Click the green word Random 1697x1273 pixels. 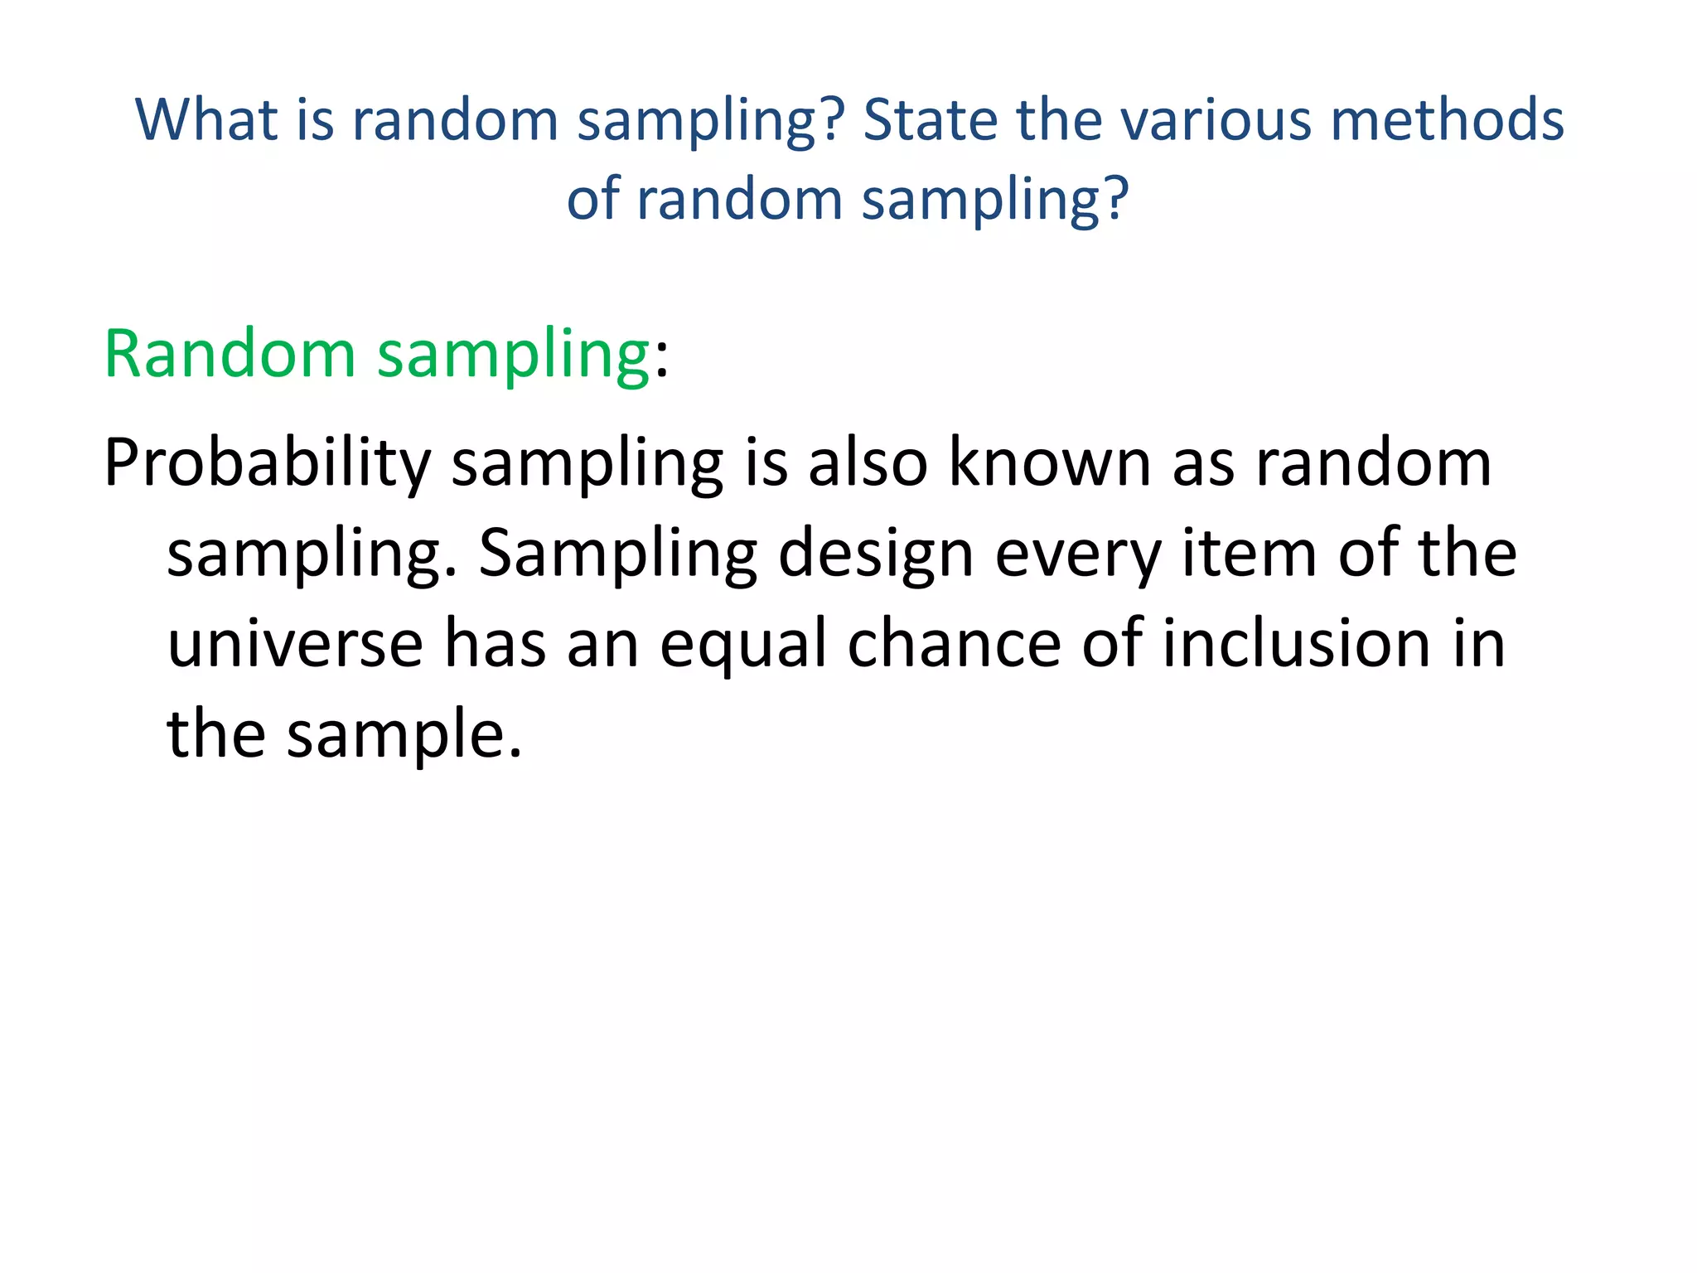pos(230,354)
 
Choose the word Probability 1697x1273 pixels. pos(267,464)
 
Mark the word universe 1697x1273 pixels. pos(295,644)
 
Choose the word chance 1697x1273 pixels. pos(954,644)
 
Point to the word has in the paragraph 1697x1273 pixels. pos(495,644)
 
